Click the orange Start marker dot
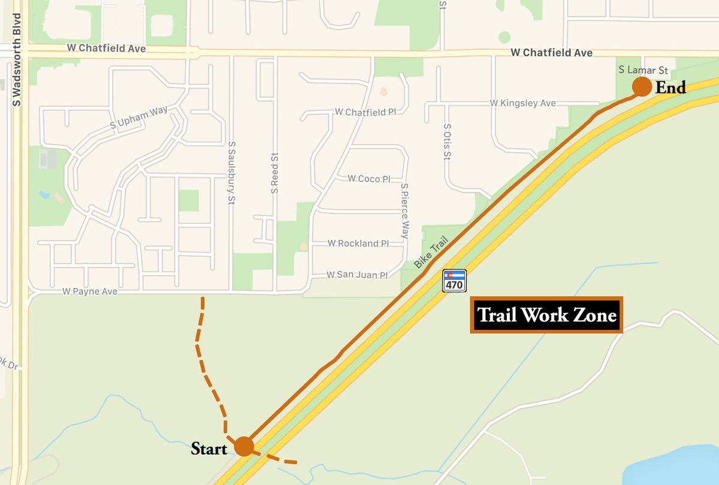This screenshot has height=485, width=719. (x=244, y=446)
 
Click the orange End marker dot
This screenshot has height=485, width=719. (x=642, y=87)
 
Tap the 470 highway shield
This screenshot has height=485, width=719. (x=454, y=280)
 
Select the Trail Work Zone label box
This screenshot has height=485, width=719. (x=546, y=315)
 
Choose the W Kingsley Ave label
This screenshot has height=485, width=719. (x=523, y=103)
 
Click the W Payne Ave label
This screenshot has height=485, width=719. (x=90, y=292)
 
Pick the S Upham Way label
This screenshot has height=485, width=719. (x=139, y=117)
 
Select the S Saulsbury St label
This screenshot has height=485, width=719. (x=231, y=173)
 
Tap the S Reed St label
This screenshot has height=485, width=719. (x=274, y=173)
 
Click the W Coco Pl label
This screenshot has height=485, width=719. (x=369, y=178)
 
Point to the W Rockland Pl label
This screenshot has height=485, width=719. (x=358, y=243)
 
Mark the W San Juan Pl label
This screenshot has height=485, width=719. (x=357, y=275)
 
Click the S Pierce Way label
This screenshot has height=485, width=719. (x=405, y=211)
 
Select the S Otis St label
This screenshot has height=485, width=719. (x=447, y=143)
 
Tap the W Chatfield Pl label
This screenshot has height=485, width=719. (x=365, y=111)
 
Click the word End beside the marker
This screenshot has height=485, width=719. (x=670, y=88)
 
